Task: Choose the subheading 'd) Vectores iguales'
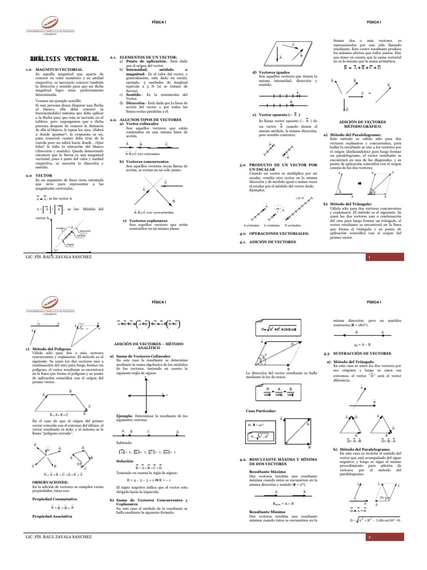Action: pos(270,73)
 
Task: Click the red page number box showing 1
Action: pos(369,257)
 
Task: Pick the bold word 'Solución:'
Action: pos(125,461)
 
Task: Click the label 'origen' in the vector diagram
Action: pos(70,244)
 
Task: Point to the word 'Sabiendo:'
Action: pos(126,441)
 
